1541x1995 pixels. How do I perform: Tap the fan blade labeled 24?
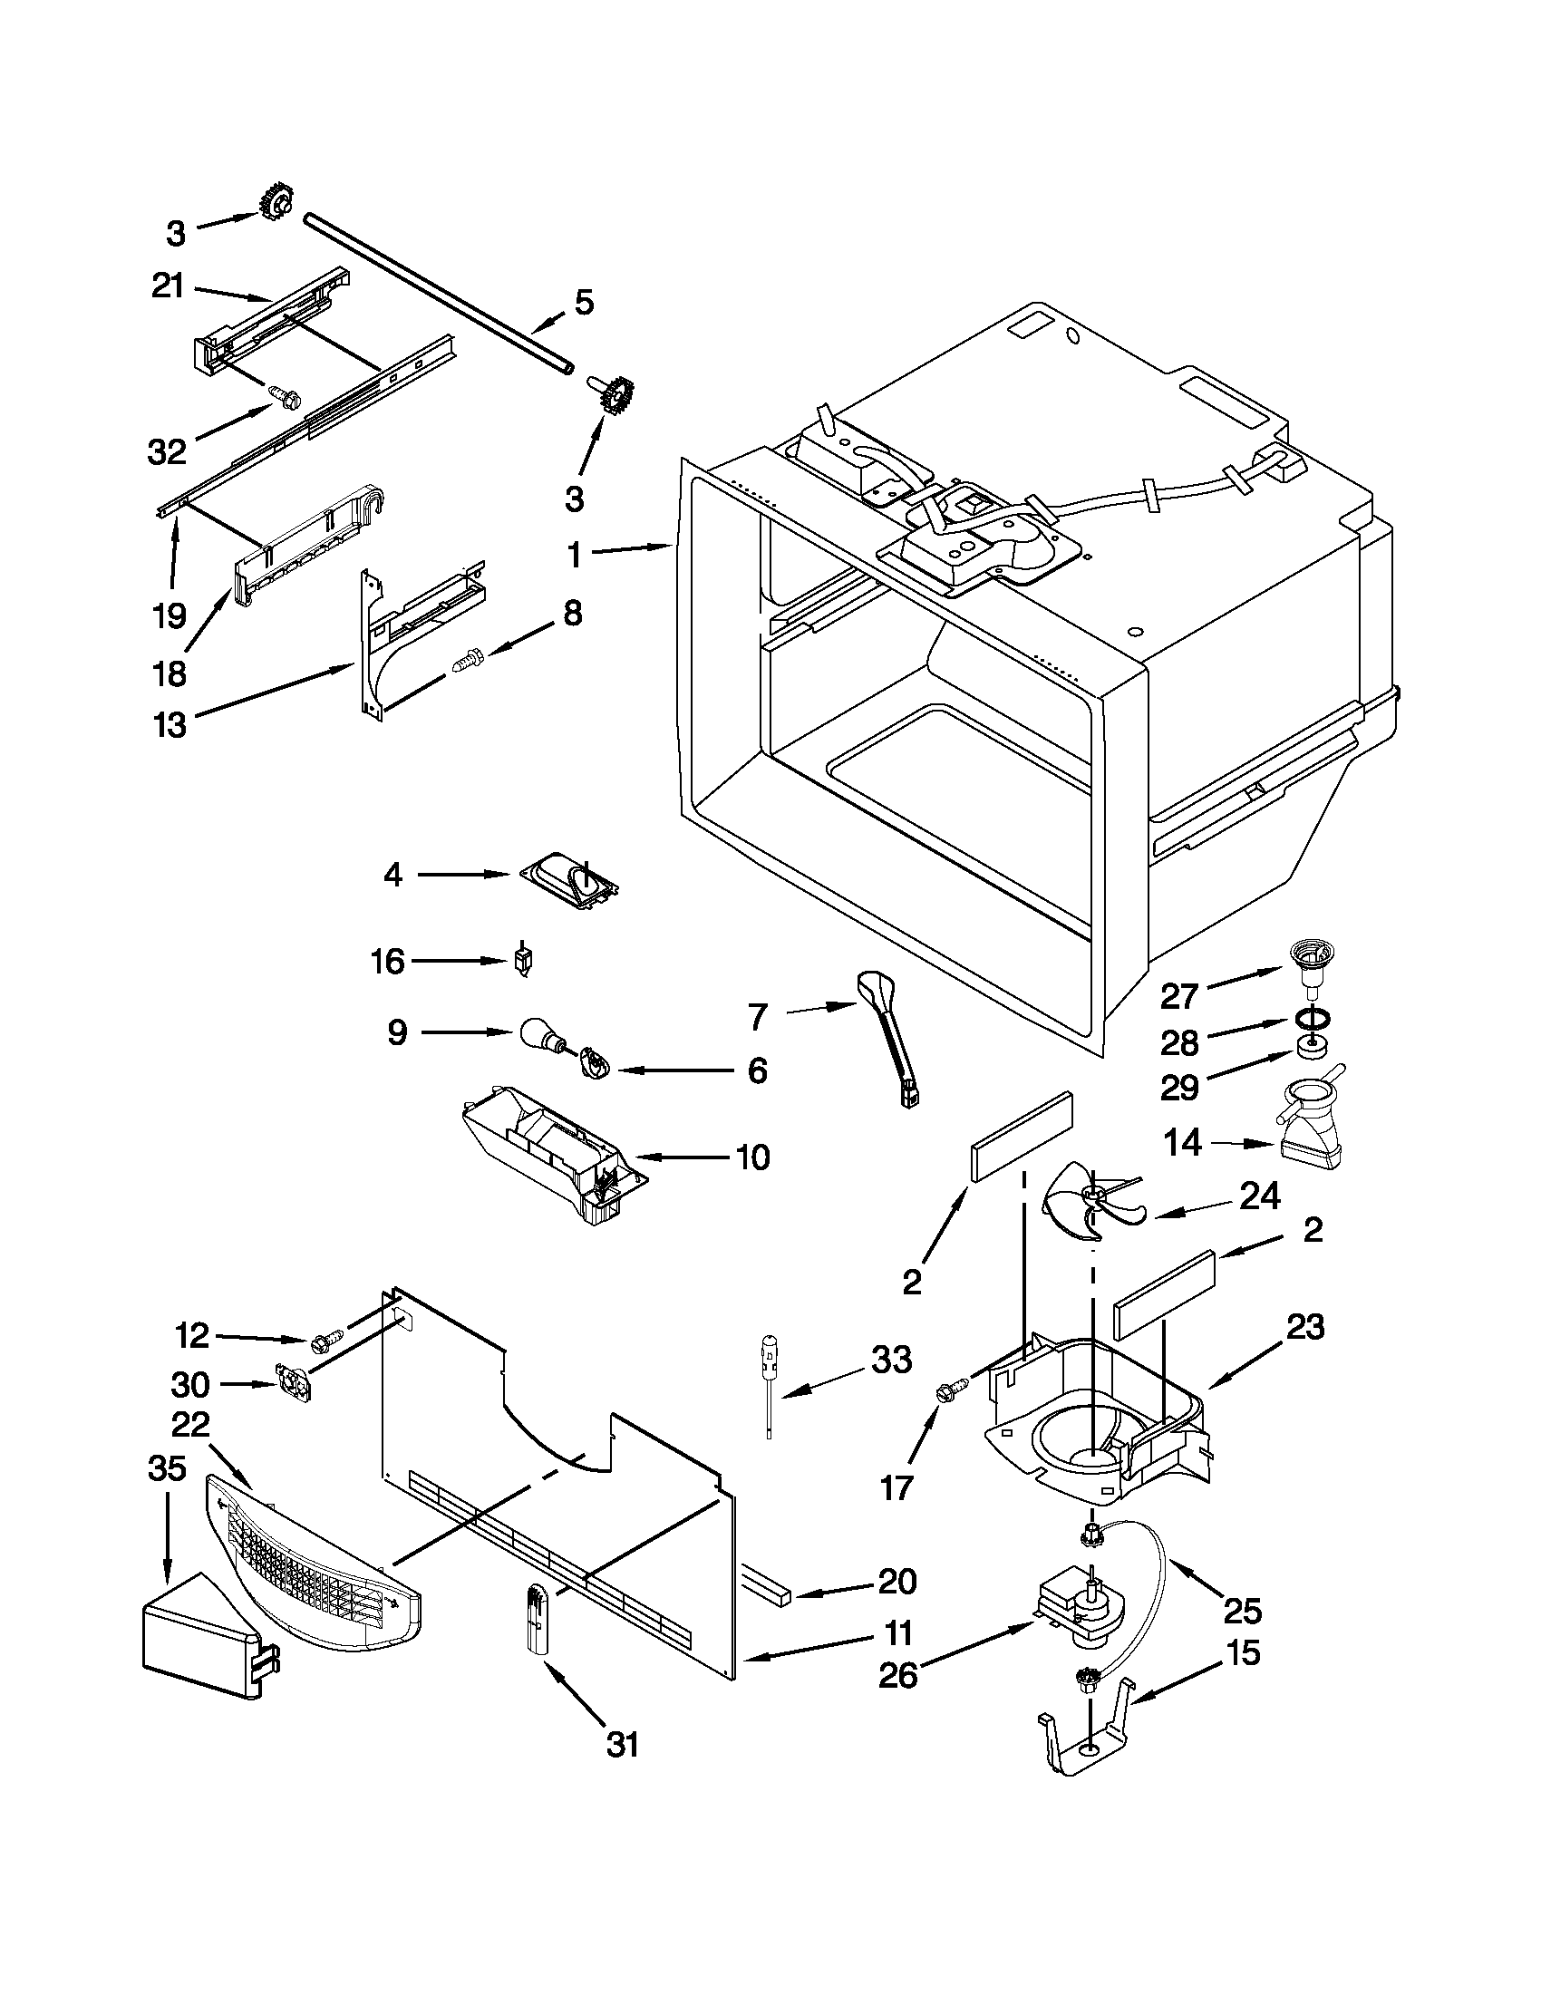pyautogui.click(x=1090, y=1199)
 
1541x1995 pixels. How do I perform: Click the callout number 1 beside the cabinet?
pyautogui.click(x=574, y=555)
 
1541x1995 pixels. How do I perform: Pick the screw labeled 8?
pyautogui.click(x=466, y=658)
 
